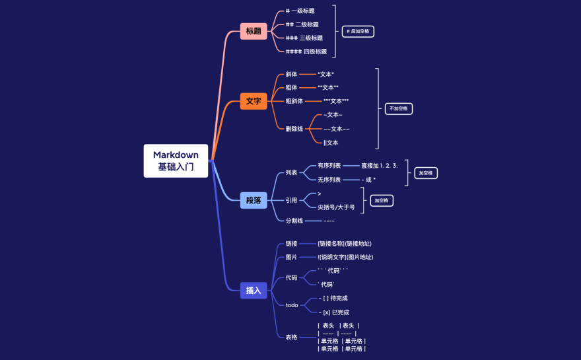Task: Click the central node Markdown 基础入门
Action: (x=176, y=161)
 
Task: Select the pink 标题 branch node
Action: (x=254, y=31)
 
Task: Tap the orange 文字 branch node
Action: (x=254, y=101)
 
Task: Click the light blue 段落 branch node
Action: (x=254, y=200)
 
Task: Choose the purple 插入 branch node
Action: (x=254, y=290)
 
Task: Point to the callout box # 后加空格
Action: (x=358, y=31)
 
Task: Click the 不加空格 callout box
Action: (x=398, y=108)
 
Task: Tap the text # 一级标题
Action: (x=300, y=11)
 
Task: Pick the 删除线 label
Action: (x=294, y=129)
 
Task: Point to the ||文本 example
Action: (x=331, y=143)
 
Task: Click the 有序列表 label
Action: (x=329, y=166)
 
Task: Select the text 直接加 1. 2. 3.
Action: (x=379, y=166)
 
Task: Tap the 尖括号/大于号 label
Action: (x=336, y=207)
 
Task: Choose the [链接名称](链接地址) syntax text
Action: (x=345, y=244)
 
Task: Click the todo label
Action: (x=291, y=305)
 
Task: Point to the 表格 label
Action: (x=291, y=337)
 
